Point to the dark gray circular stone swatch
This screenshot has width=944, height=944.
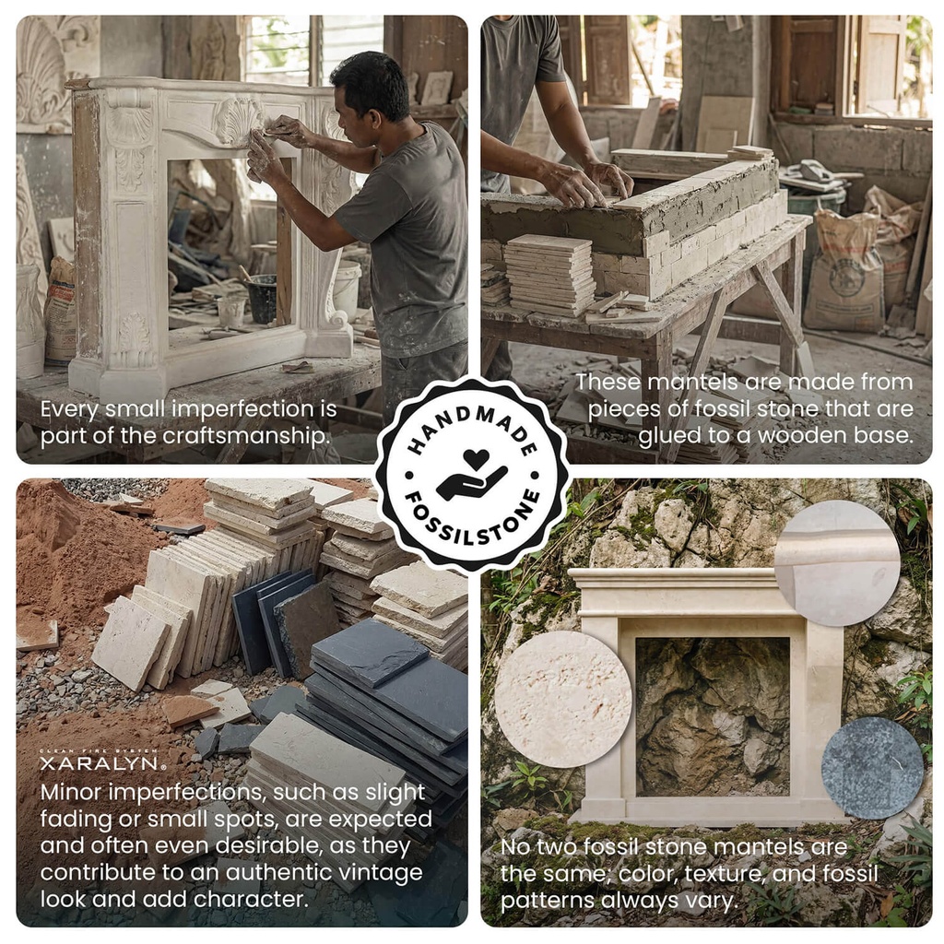click(x=871, y=767)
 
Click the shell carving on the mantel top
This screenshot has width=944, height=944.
click(x=239, y=118)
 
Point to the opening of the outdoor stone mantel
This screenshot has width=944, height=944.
click(x=712, y=715)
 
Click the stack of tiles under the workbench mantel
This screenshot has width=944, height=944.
click(x=550, y=274)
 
